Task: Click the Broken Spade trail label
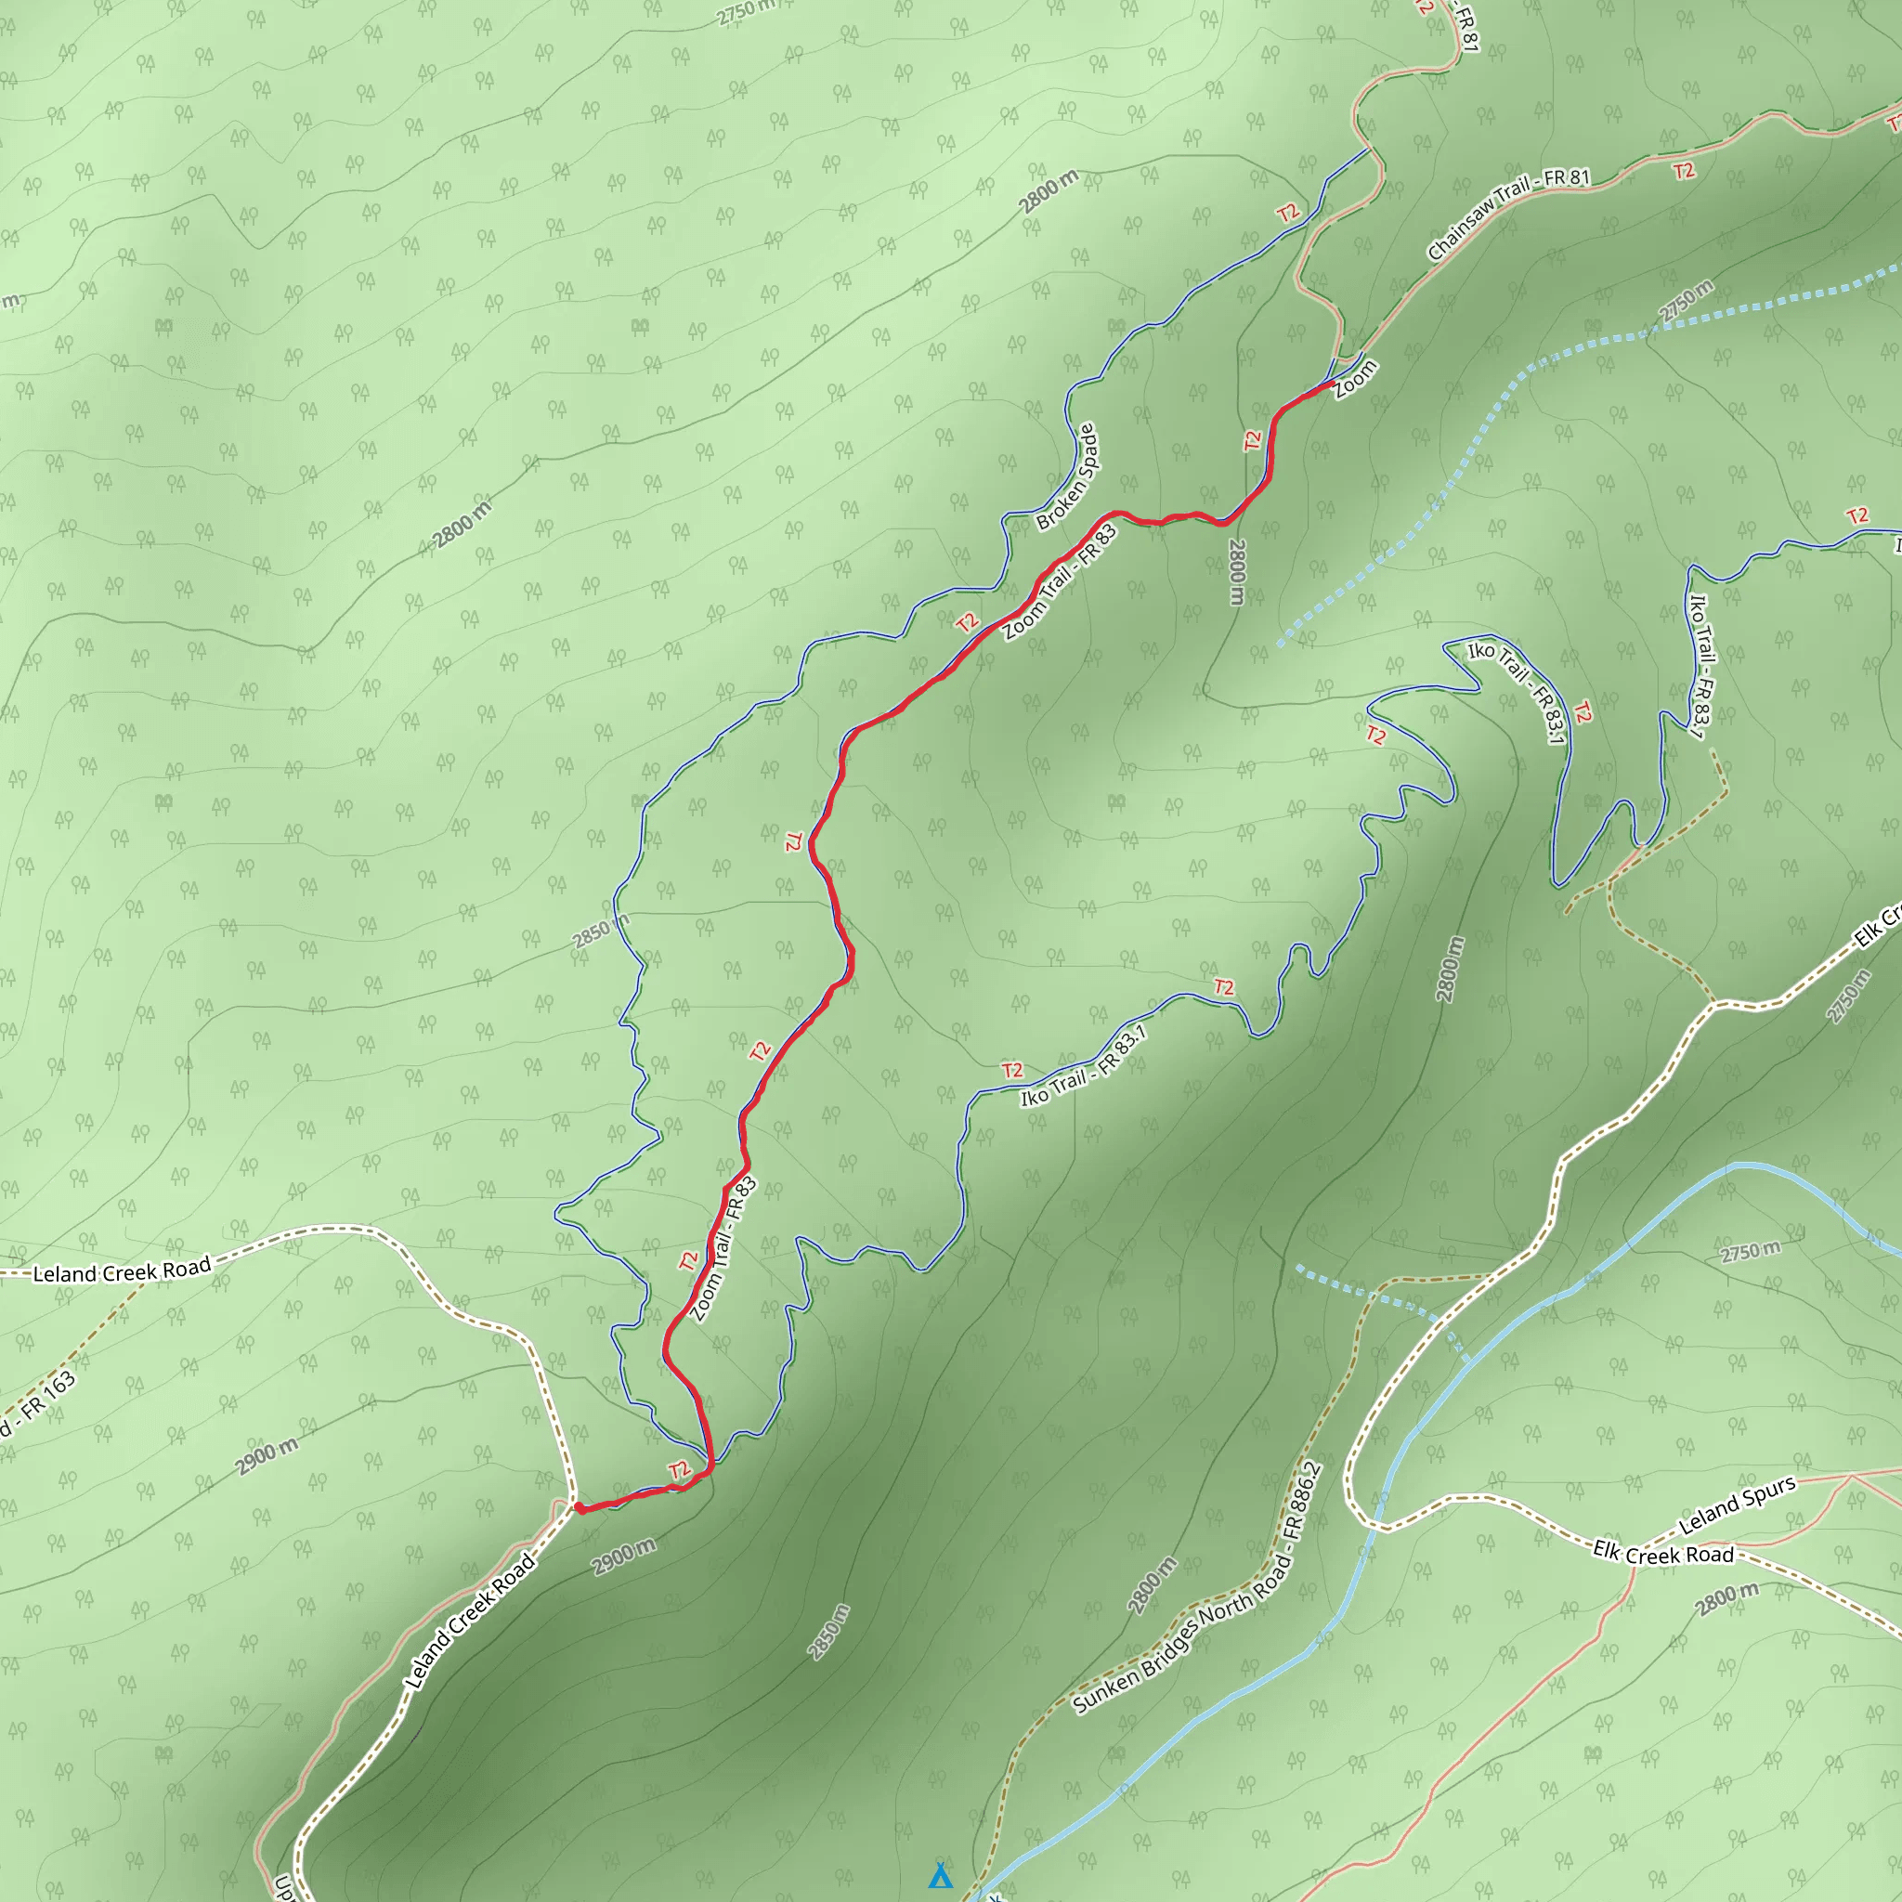(1066, 477)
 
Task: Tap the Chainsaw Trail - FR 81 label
(1507, 214)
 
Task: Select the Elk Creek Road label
(1662, 1554)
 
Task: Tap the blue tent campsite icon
(940, 1875)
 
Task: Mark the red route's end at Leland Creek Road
(579, 1507)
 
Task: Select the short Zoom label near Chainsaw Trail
(1356, 380)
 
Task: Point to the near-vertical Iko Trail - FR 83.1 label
(1700, 665)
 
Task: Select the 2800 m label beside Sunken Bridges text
(1152, 1585)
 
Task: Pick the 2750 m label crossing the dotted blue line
(1686, 300)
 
